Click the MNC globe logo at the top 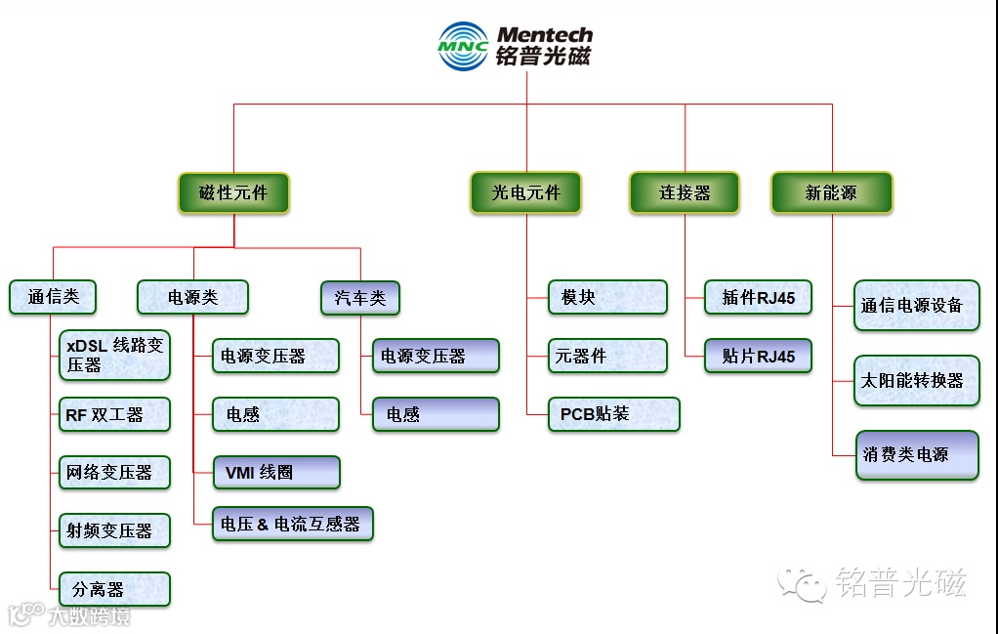463,46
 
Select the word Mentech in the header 544,35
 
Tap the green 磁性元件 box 233,192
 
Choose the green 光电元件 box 526,192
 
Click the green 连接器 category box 684,192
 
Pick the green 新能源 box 831,192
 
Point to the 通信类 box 53,297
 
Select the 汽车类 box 360,297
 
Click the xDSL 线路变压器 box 114,355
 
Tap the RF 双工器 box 114,414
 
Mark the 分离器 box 114,589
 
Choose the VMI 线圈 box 276,473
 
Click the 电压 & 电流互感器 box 293,525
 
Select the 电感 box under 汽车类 435,414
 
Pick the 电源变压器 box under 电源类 276,356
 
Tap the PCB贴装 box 613,414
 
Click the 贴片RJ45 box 758,356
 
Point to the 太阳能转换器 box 916,380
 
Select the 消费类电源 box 916,454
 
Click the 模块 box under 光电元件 607,297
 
